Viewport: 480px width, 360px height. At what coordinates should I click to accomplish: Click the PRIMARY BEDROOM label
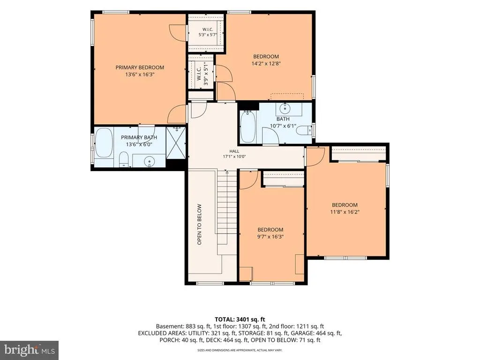pyautogui.click(x=140, y=67)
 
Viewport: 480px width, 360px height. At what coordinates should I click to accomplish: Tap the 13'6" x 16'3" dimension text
pyautogui.click(x=140, y=75)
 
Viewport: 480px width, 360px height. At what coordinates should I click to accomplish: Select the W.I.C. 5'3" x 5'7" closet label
pyautogui.click(x=208, y=32)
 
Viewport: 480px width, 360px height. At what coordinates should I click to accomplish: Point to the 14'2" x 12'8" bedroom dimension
pyautogui.click(x=266, y=64)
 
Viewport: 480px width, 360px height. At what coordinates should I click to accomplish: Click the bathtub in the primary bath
pyautogui.click(x=104, y=142)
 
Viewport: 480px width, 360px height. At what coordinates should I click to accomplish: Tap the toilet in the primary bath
pyautogui.click(x=123, y=159)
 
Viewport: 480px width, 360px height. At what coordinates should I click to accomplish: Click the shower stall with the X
pyautogui.click(x=176, y=142)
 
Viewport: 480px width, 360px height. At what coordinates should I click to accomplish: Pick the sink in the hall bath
pyautogui.click(x=285, y=108)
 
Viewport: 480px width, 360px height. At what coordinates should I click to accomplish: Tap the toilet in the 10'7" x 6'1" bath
pyautogui.click(x=304, y=130)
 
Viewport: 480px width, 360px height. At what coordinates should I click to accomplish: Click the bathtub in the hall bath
pyautogui.click(x=247, y=127)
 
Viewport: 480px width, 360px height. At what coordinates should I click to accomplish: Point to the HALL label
pyautogui.click(x=234, y=151)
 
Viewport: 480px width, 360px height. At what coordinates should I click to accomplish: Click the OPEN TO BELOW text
pyautogui.click(x=200, y=225)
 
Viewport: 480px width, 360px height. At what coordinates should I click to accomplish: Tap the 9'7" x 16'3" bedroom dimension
pyautogui.click(x=270, y=237)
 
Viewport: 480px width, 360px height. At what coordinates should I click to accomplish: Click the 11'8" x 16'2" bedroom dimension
pyautogui.click(x=345, y=212)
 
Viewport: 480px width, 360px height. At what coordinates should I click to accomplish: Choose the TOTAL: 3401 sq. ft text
pyautogui.click(x=240, y=320)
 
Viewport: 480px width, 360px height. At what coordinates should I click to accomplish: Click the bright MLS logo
pyautogui.click(x=30, y=350)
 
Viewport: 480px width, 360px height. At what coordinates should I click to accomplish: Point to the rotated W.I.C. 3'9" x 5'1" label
pyautogui.click(x=202, y=74)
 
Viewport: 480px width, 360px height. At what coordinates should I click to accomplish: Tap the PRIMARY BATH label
pyautogui.click(x=139, y=137)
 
